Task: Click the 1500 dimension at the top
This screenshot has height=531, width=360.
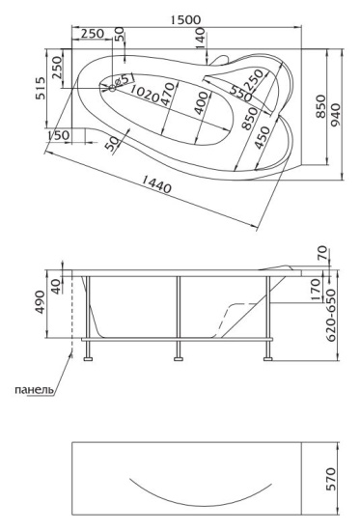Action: coord(185,19)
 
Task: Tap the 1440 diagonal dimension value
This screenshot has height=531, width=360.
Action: coord(156,183)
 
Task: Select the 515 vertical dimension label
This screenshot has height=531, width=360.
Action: coord(41,89)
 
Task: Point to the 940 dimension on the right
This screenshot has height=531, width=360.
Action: coord(335,115)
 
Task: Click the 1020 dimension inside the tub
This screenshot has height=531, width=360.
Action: coord(144,94)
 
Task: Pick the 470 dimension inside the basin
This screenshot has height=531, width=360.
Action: coord(168,95)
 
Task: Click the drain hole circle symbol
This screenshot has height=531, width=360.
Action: coord(111,89)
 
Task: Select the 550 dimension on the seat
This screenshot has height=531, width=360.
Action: coord(240,93)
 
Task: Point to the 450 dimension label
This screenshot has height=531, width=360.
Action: coord(263,138)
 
